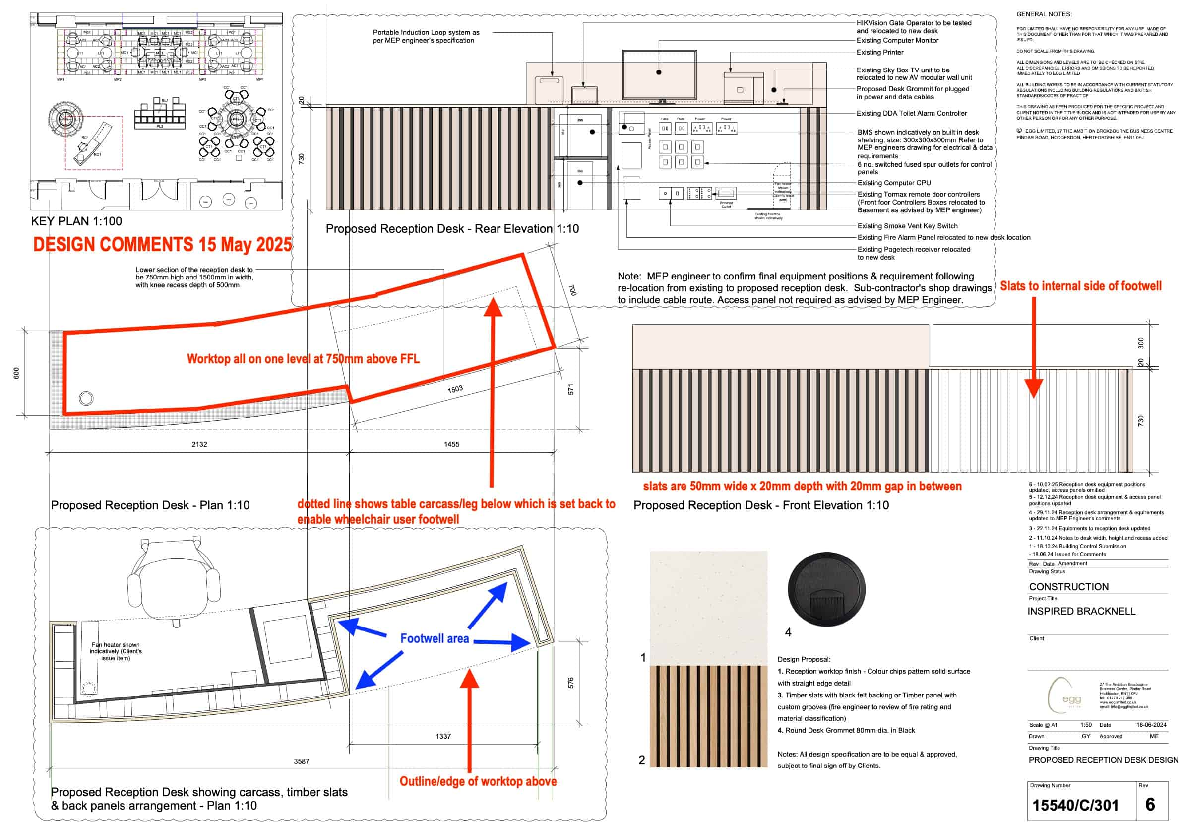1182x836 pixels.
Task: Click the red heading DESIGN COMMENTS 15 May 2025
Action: click(x=162, y=245)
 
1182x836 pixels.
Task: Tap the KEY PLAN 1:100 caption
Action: click(x=76, y=221)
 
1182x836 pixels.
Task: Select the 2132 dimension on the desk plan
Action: click(x=199, y=444)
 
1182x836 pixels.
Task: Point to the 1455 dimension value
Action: click(x=451, y=444)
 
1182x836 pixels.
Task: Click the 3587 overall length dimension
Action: click(x=302, y=762)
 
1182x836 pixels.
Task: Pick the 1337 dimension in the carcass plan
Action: click(x=443, y=737)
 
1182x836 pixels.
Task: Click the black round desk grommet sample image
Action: click(x=826, y=589)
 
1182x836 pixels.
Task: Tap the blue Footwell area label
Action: click(x=435, y=639)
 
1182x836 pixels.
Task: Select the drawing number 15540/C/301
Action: click(x=1075, y=806)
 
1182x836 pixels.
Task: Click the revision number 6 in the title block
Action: click(x=1150, y=805)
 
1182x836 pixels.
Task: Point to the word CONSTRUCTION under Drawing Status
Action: click(x=1069, y=587)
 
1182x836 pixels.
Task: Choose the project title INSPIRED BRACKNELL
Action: click(x=1081, y=612)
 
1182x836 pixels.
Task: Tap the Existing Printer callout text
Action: click(x=880, y=53)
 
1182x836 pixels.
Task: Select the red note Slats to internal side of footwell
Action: click(x=1081, y=286)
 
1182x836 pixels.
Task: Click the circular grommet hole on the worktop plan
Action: click(x=86, y=398)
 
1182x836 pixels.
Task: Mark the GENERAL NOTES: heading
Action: click(x=1044, y=14)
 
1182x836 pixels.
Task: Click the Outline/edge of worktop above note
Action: click(x=478, y=781)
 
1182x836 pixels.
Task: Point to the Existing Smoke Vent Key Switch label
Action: click(x=907, y=226)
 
